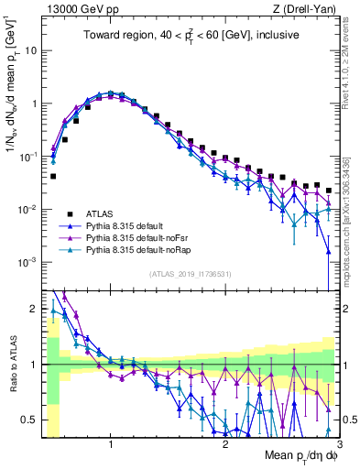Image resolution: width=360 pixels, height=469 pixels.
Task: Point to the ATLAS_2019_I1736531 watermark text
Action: pos(189,275)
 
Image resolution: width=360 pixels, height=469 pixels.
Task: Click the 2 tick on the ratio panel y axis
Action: pos(32,309)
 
